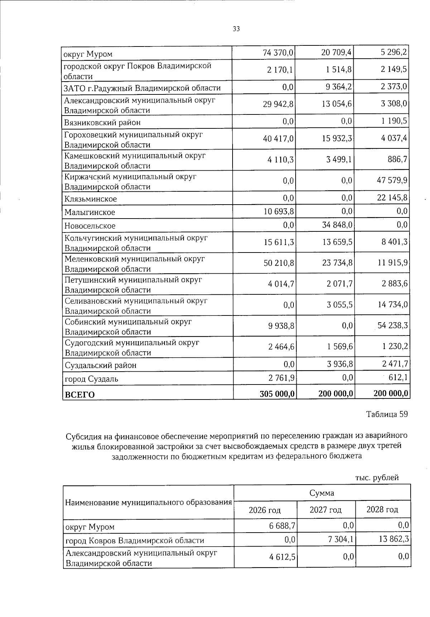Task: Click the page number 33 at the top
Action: [x=236, y=29]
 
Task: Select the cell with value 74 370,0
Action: [x=278, y=54]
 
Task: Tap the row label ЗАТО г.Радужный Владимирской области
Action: [x=142, y=88]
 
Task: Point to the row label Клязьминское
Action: [x=90, y=199]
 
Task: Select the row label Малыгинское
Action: [x=90, y=212]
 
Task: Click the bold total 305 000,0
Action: [x=277, y=393]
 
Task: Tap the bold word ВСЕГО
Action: [x=80, y=395]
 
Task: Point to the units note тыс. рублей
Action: [x=377, y=478]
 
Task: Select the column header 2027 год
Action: [x=325, y=510]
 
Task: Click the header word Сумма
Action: [x=322, y=493]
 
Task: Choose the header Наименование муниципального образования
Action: [x=148, y=502]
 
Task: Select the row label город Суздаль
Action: [x=91, y=379]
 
